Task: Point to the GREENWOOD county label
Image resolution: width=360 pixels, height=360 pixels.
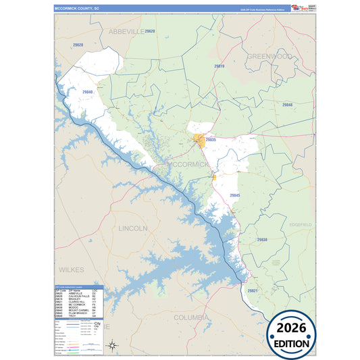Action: point(269,57)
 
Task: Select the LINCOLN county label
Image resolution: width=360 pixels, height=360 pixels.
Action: point(132,228)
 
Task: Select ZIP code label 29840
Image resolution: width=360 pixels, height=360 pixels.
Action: point(87,91)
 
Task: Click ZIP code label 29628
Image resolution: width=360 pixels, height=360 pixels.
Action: point(78,45)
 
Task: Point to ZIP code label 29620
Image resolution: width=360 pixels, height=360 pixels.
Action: point(149,32)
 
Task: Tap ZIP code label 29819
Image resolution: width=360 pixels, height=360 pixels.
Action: point(218,66)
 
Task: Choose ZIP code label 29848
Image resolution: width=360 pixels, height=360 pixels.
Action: point(287,105)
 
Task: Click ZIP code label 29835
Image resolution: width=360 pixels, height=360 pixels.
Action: point(211,140)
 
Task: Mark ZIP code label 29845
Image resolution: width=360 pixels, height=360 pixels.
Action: point(235,195)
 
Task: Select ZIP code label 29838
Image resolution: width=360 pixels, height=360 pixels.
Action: point(262,239)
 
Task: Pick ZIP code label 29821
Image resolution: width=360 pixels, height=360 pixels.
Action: point(253,290)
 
